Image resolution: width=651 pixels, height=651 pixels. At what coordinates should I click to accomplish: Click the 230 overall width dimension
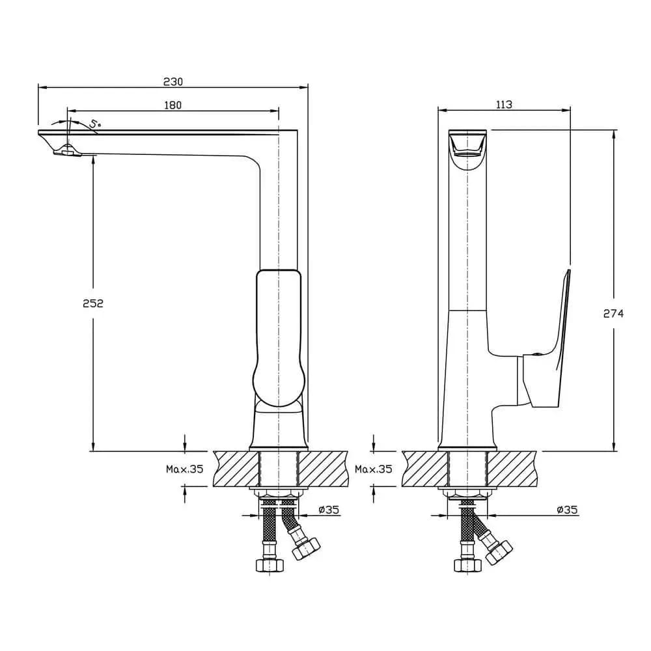click(173, 82)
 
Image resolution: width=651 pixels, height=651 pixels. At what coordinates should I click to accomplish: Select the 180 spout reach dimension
click(173, 105)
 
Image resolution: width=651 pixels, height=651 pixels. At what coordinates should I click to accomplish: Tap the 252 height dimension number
click(93, 303)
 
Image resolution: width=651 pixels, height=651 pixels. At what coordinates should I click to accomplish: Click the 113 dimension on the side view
click(504, 105)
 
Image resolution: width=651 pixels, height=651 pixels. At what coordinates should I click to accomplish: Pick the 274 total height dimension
click(614, 314)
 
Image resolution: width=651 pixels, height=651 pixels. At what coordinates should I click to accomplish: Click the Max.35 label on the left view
click(185, 469)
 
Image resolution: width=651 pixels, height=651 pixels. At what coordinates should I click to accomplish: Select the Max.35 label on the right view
click(374, 469)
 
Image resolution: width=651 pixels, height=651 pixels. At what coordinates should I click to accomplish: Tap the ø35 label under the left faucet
click(329, 510)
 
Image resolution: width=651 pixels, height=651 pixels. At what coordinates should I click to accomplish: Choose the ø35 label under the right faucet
click(567, 510)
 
